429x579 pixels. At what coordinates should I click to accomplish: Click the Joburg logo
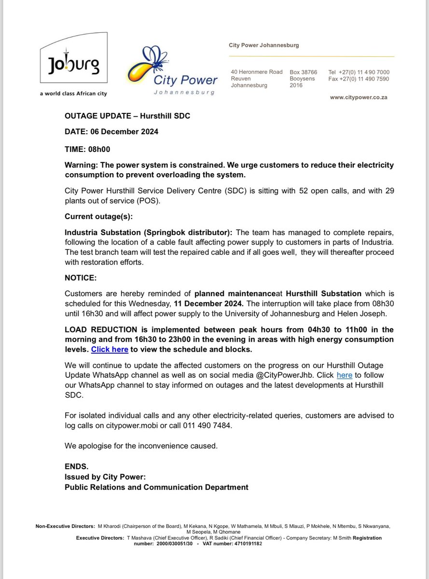73,65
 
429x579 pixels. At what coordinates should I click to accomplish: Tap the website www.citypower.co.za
359,97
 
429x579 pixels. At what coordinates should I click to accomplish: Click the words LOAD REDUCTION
99,330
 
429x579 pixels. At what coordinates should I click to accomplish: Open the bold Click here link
110,349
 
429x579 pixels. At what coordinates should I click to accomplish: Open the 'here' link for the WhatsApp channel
344,375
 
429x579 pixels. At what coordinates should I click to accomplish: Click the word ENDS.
76,467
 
